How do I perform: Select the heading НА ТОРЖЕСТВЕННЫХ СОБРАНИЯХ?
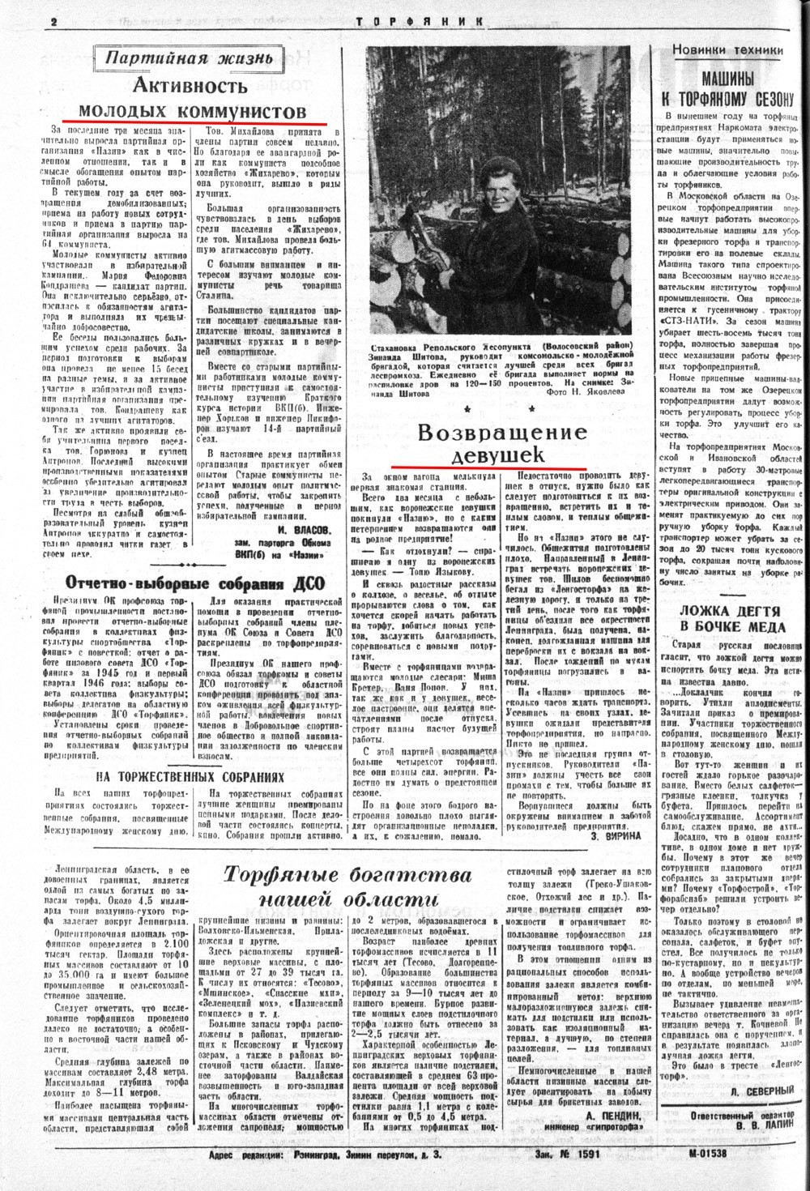(x=190, y=775)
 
